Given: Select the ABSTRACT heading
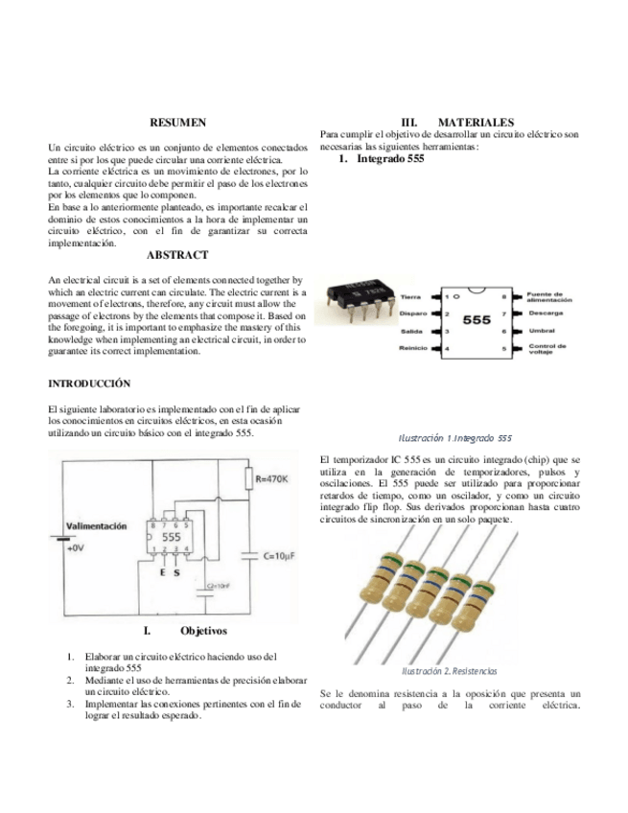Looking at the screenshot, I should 177,255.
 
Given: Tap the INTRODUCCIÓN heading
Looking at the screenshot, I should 88,383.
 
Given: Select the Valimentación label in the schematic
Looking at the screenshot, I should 96,526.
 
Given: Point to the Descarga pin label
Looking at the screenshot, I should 545,314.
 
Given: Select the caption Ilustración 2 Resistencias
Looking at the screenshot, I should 449,670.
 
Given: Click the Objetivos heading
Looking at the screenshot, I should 202,631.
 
